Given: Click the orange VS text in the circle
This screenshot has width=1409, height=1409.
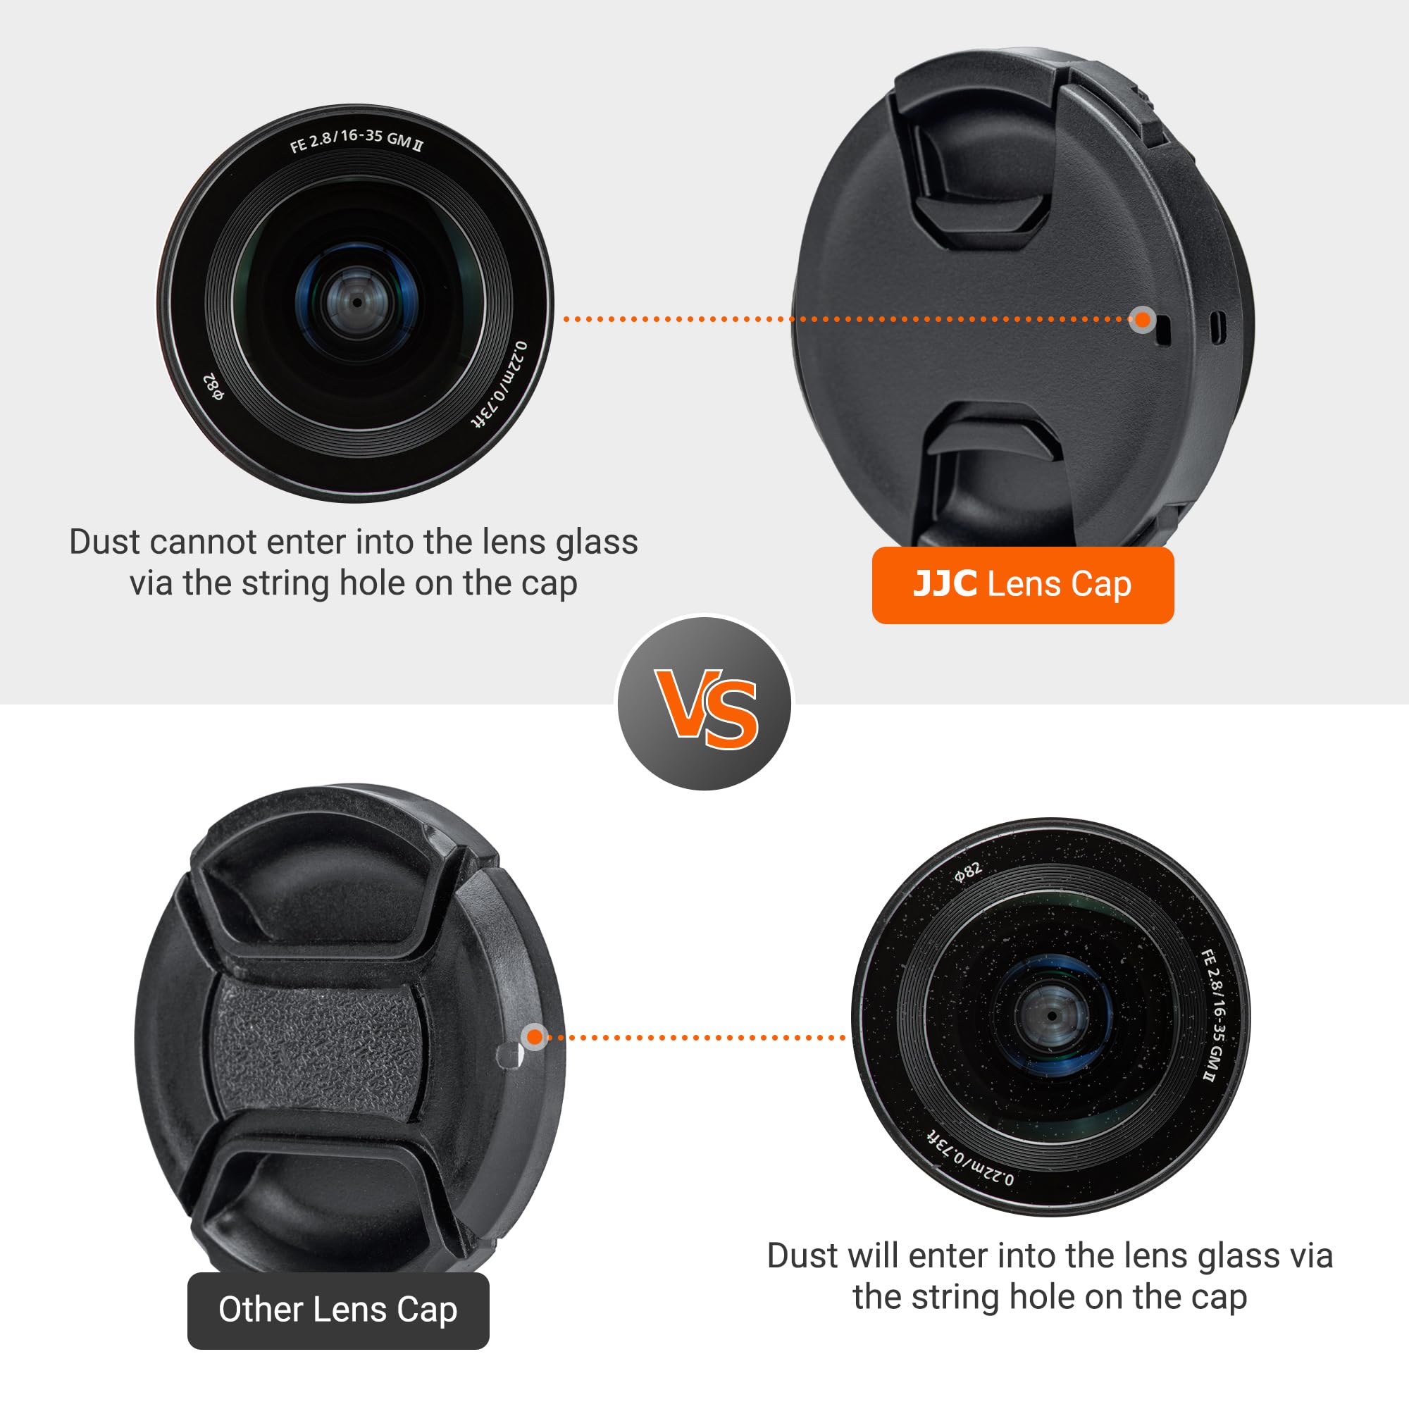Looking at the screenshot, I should click(706, 709).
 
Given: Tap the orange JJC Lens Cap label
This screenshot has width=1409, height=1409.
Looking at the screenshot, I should click(1022, 585).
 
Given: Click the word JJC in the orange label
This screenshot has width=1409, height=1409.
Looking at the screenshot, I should click(945, 584).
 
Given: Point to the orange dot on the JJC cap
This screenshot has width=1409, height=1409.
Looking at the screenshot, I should click(1143, 319).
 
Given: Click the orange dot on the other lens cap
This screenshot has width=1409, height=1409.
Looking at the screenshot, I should click(535, 1036).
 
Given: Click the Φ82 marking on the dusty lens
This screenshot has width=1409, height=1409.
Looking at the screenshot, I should click(969, 872).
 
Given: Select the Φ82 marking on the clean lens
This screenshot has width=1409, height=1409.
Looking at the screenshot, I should click(213, 387).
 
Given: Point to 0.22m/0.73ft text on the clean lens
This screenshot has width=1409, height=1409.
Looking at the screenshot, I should click(500, 385).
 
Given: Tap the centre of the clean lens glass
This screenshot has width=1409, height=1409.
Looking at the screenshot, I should click(356, 302).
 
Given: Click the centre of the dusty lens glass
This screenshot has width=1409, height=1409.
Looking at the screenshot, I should click(1052, 1015).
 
